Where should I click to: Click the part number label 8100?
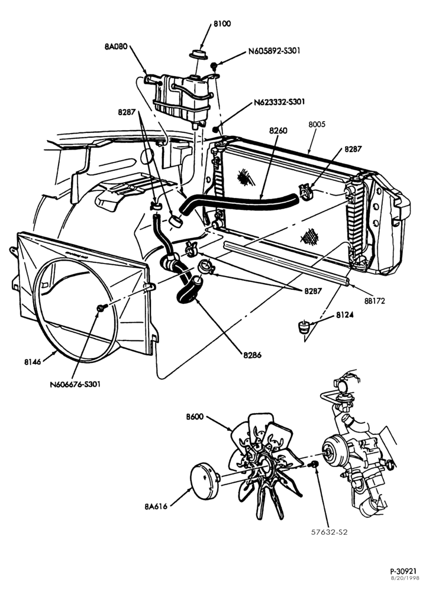222,24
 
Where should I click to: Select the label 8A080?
116,47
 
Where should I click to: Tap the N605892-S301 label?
275,51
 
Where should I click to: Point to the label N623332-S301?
279,102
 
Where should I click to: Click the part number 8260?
278,131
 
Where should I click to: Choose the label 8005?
317,124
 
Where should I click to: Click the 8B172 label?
375,301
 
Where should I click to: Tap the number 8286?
252,355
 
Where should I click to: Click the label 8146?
33,362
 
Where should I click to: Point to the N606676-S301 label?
75,385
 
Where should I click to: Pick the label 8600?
195,417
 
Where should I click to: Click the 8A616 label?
156,506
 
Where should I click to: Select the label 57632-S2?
329,532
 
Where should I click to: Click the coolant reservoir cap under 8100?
198,54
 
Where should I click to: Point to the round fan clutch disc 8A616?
204,480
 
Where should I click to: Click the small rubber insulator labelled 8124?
304,326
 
